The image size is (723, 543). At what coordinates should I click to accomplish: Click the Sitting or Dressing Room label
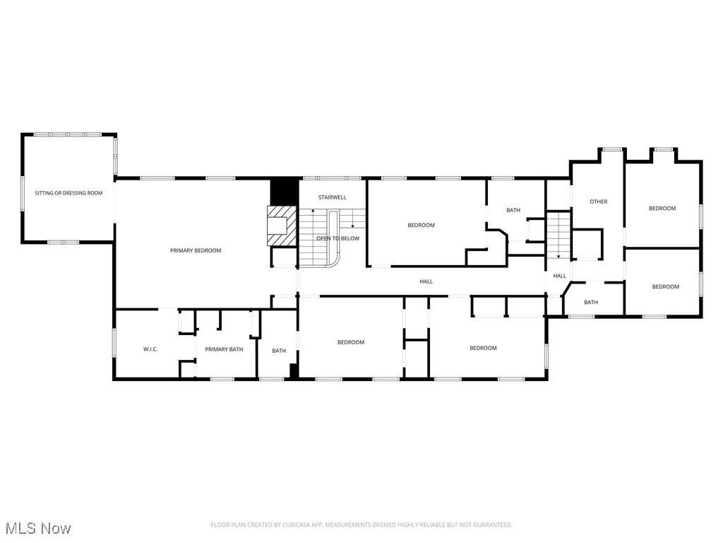[69, 193]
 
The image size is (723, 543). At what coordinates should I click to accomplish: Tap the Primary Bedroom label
[196, 250]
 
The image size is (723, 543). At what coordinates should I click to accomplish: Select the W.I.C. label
[150, 349]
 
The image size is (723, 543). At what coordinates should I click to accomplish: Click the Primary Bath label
[224, 349]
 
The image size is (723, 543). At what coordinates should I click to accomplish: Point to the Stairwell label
[332, 197]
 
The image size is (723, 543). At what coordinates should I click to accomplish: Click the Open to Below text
[337, 238]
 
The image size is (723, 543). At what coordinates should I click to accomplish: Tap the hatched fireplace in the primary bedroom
[281, 226]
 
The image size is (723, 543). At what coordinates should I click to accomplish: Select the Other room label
[598, 202]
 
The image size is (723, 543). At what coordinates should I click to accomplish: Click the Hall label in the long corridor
[426, 281]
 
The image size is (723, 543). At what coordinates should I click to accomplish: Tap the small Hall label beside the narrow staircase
[559, 276]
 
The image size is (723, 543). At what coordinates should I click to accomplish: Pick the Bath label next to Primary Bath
[279, 351]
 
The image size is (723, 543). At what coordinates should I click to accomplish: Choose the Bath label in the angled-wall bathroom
[590, 302]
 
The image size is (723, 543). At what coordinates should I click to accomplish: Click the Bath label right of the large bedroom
[513, 210]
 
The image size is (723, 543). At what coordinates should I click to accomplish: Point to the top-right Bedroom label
[662, 208]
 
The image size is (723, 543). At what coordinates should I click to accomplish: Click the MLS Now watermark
[37, 528]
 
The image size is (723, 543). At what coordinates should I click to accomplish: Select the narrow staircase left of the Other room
[558, 234]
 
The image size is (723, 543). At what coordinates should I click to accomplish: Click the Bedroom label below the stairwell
[350, 342]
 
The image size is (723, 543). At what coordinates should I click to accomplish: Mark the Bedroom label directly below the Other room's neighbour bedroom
[665, 286]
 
